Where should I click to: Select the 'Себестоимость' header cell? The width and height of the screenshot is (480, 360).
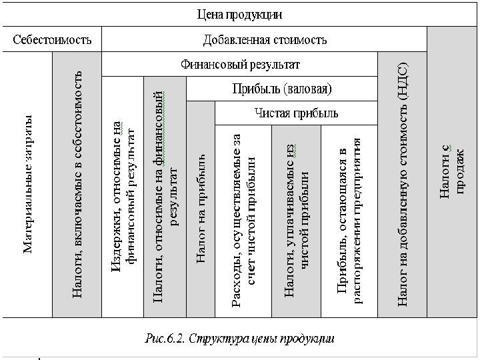[x=53, y=39]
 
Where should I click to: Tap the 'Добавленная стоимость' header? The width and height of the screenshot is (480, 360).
[x=265, y=39]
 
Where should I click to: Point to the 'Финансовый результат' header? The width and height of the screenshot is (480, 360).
[x=240, y=65]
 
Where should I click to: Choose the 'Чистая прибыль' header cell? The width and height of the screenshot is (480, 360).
[x=296, y=113]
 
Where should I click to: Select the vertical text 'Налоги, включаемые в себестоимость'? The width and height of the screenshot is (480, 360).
[x=77, y=183]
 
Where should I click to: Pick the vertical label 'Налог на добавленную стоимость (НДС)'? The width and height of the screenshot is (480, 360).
[x=402, y=183]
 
